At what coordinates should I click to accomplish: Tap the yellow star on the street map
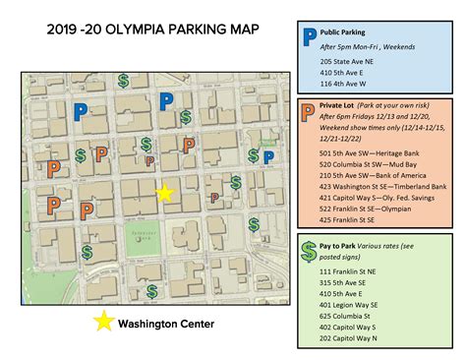[x=165, y=193]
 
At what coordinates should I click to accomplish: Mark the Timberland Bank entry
[x=379, y=185]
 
